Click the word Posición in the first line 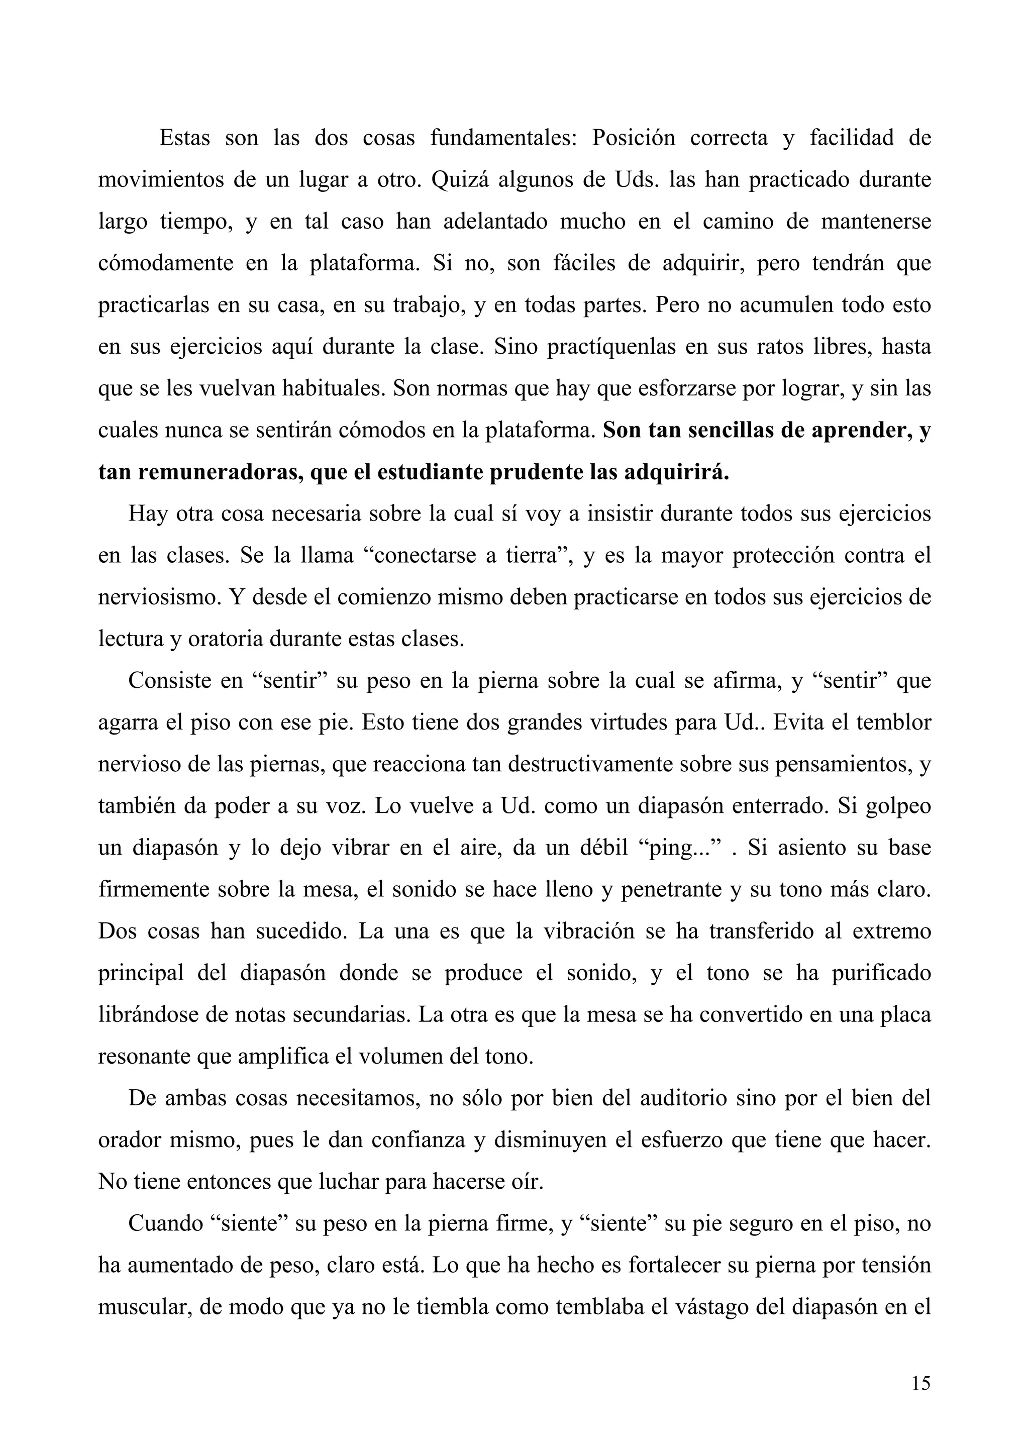[634, 138]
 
